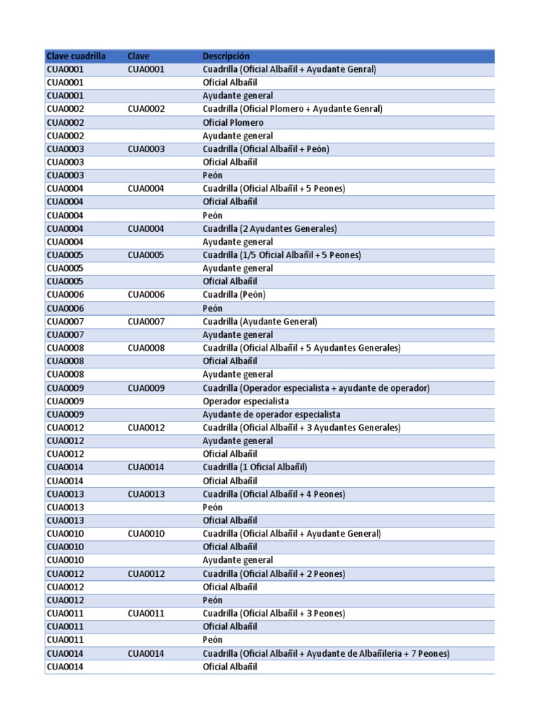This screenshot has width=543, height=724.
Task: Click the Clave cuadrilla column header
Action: point(76,56)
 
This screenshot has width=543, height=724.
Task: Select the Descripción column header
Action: point(226,56)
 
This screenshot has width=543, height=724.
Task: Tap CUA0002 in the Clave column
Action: point(146,109)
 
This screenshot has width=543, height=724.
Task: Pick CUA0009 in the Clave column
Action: point(146,387)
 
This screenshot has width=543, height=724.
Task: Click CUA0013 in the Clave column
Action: point(146,494)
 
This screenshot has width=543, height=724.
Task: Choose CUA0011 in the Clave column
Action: point(146,613)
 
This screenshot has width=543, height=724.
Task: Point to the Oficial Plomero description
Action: point(233,122)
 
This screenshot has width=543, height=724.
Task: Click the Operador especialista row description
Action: point(245,401)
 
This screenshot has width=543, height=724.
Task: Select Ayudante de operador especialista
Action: point(271,414)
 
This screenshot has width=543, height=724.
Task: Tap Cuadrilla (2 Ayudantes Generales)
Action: point(269,228)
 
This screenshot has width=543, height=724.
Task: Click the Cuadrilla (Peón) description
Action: point(234,295)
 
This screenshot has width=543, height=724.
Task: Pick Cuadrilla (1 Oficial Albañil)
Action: point(255,467)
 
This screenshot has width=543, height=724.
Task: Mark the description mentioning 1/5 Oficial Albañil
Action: point(281,255)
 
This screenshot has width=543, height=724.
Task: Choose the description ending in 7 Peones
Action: point(326,653)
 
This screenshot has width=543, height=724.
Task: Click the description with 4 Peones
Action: point(274,494)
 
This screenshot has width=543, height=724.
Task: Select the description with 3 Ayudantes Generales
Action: point(301,427)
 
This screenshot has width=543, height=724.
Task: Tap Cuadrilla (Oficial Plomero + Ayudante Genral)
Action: point(292,109)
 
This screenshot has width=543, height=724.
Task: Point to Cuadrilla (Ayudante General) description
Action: point(260,321)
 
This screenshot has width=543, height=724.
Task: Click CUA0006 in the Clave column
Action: point(146,295)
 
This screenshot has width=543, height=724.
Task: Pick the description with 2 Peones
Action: point(274,573)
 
